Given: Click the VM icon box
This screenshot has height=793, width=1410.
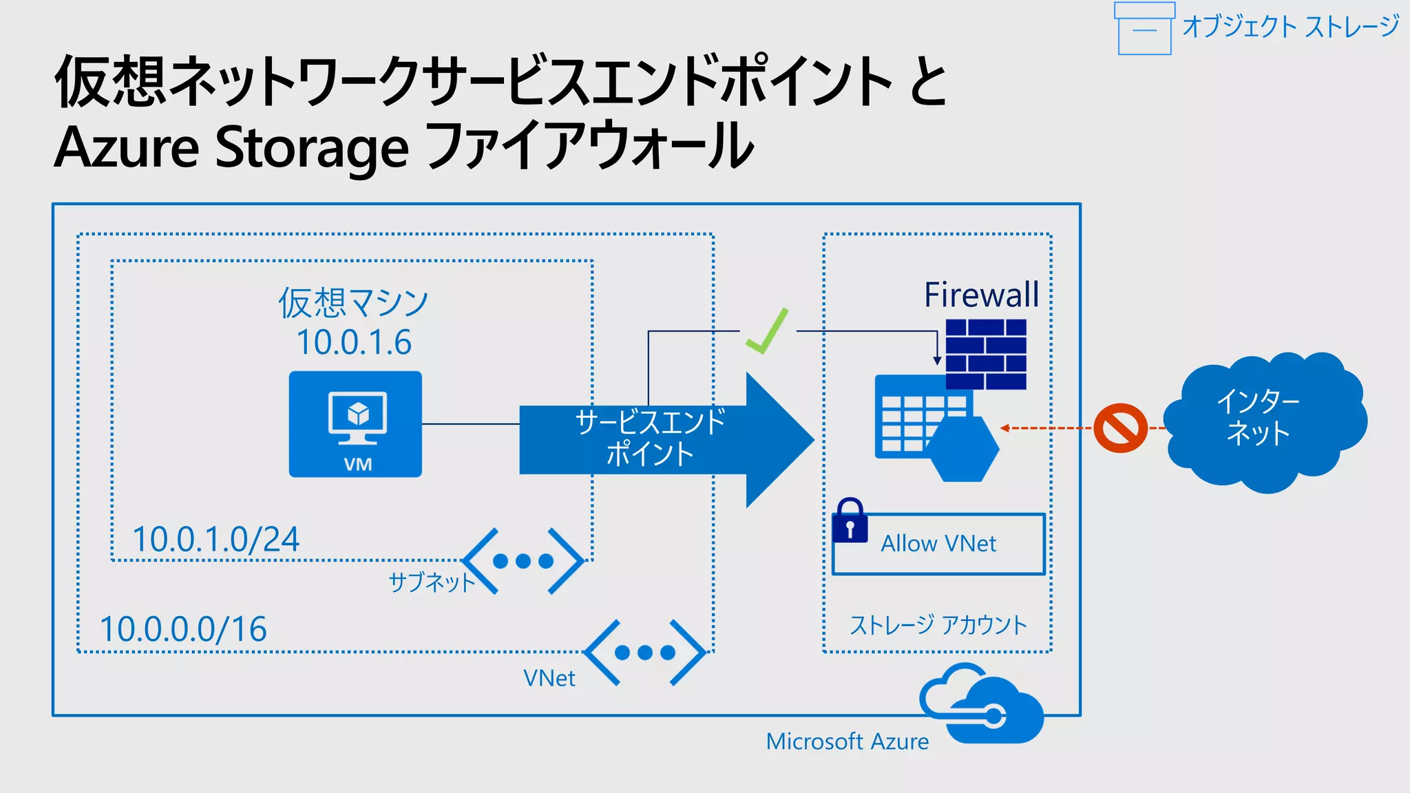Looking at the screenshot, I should [355, 424].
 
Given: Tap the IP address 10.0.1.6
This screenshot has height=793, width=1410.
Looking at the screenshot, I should [354, 342].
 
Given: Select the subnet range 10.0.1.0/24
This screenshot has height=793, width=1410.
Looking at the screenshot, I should [215, 539].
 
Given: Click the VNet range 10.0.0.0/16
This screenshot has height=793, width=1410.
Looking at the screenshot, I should [183, 628].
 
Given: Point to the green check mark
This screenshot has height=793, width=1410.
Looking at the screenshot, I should [767, 333].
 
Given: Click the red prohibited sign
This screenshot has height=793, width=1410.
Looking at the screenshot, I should [1120, 428].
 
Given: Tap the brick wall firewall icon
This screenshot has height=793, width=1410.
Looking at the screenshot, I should [986, 354].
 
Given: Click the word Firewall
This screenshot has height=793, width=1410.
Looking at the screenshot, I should [981, 295].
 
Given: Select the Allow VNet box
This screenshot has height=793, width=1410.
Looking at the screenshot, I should [939, 544].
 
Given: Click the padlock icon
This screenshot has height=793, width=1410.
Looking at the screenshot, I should [850, 521].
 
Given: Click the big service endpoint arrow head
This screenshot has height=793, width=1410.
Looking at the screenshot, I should [778, 440].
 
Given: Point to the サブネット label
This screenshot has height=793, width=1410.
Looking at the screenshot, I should [432, 582].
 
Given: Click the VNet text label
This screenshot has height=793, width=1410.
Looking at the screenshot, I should [549, 678].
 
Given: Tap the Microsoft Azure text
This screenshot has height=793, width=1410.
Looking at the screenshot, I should [847, 741].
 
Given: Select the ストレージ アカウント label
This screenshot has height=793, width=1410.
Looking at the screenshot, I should [938, 625].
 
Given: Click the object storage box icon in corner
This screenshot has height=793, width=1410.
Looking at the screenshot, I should [1144, 29].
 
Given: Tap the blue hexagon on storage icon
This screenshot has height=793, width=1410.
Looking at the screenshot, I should [962, 450].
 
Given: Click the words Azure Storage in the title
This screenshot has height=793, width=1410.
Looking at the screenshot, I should [231, 147].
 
